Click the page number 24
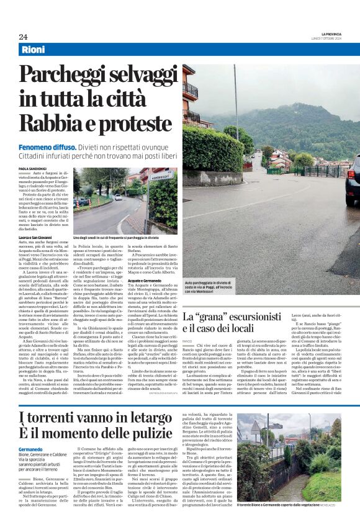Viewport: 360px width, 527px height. [x=23, y=37]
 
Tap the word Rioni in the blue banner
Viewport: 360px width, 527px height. [x=33, y=50]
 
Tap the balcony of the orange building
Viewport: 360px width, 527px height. [x=189, y=91]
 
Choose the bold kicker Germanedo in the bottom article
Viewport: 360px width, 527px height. [x=31, y=448]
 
